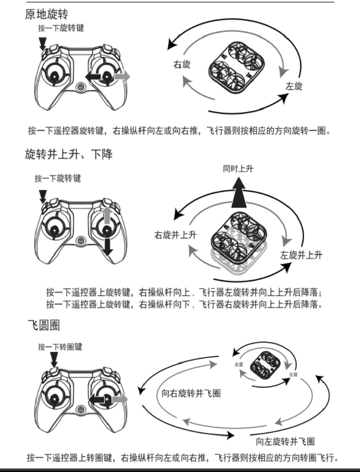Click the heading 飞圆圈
click(42, 325)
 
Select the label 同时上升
click(238, 169)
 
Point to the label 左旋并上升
click(301, 255)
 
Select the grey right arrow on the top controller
click(122, 77)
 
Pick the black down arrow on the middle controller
click(107, 245)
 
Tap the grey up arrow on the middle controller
click(107, 215)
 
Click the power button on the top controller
click(81, 87)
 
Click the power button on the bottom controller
click(81, 410)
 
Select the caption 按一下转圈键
click(60, 346)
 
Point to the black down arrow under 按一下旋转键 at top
click(43, 43)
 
